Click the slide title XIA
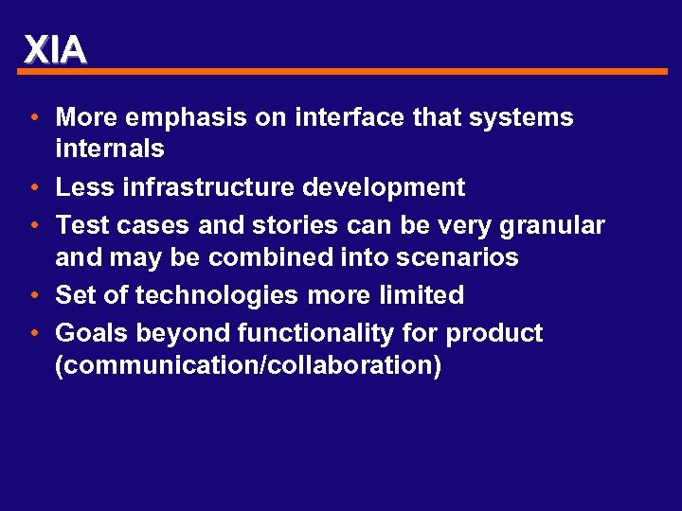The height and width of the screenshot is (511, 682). click(55, 49)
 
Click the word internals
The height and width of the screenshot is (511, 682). click(110, 150)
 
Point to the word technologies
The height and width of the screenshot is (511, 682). click(217, 295)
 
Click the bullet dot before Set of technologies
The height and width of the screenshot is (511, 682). click(33, 296)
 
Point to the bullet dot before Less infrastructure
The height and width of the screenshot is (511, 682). click(33, 188)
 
